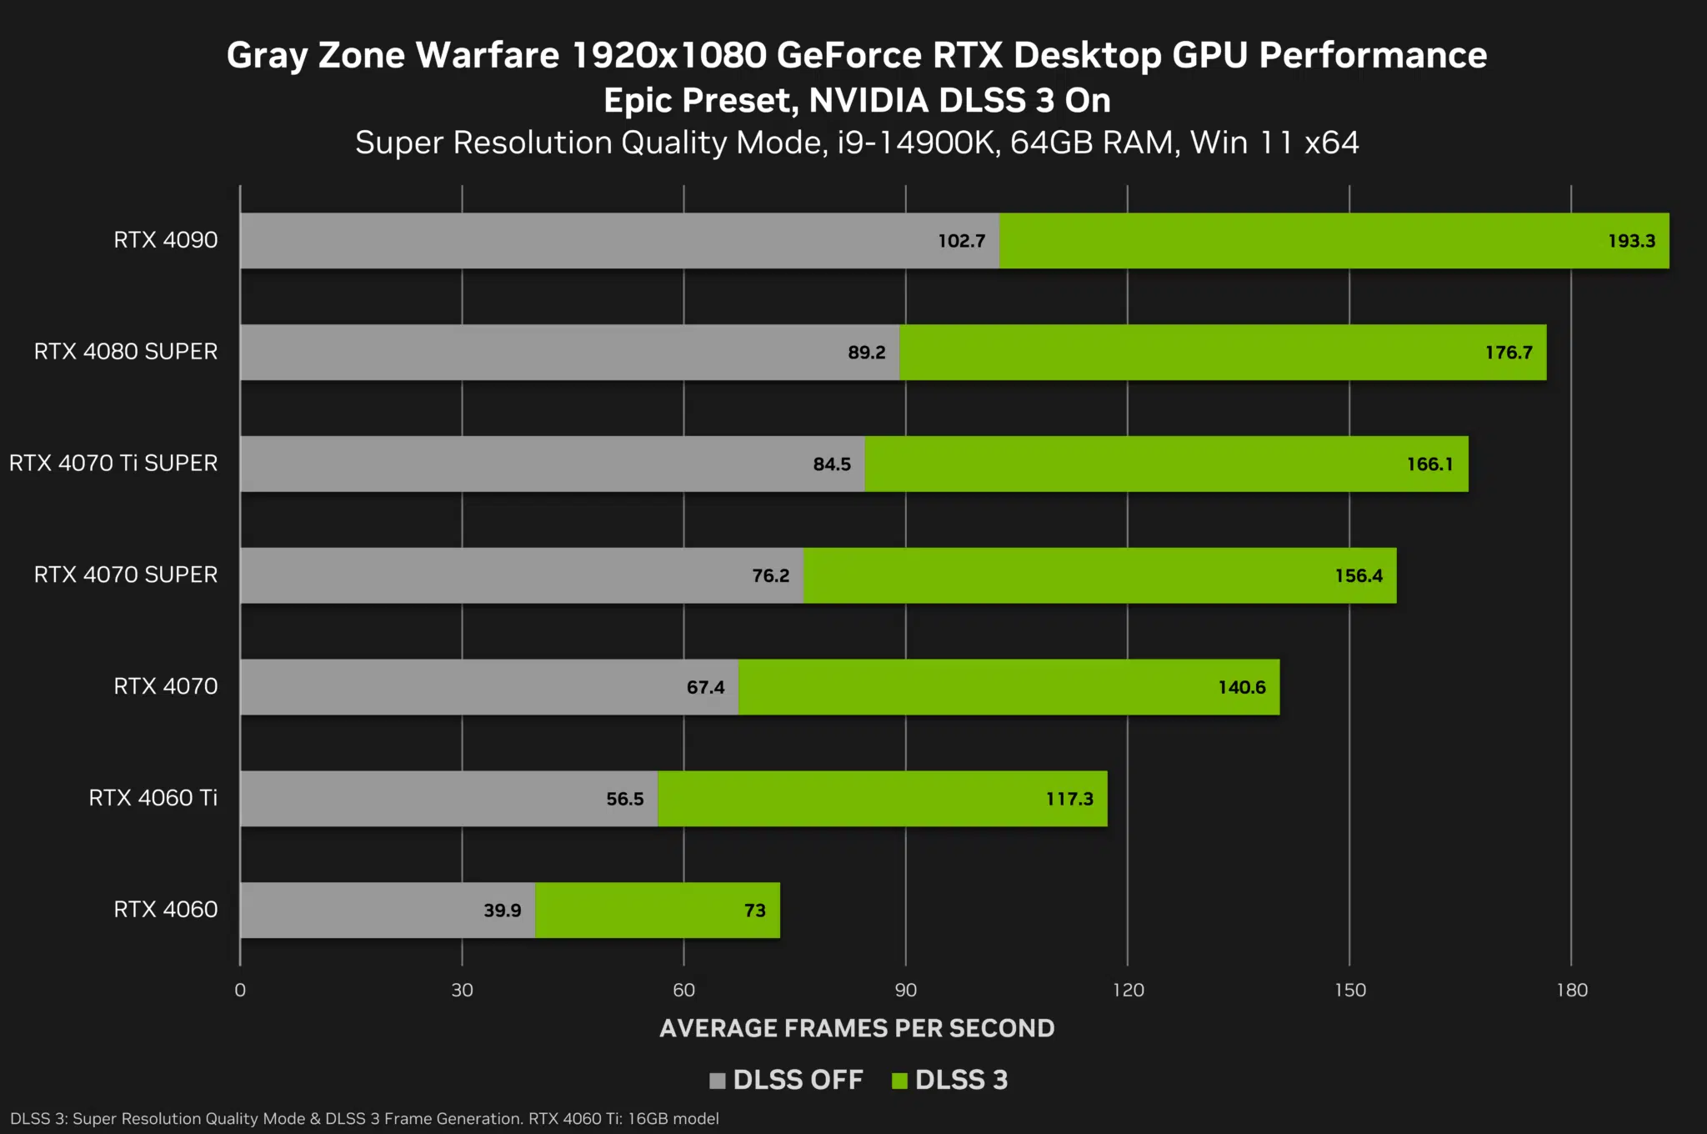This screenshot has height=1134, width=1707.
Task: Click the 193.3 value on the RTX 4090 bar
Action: [1631, 241]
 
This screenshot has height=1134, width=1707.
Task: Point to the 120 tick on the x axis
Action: [1128, 990]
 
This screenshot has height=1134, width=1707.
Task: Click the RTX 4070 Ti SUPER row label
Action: [113, 463]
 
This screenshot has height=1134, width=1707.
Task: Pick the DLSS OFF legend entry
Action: [786, 1080]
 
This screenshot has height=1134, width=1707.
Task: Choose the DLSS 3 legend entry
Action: [950, 1080]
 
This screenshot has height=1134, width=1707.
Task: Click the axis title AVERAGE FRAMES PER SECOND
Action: [857, 1028]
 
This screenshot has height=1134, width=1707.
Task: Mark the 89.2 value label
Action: [866, 353]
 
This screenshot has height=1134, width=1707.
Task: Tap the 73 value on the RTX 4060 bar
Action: [754, 911]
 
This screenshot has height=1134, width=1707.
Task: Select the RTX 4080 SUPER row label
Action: [126, 351]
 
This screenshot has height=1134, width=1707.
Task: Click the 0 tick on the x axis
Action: [240, 990]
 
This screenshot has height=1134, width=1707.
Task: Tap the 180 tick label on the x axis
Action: [1571, 990]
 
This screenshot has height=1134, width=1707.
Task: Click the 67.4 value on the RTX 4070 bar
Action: [705, 687]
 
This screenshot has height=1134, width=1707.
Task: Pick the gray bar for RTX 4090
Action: [583, 241]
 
